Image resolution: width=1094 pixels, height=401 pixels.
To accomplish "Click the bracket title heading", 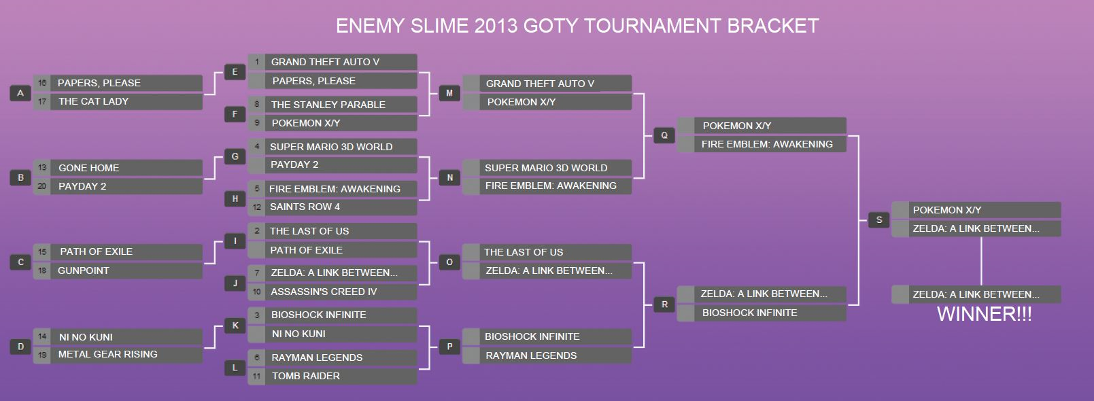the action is pos(577,26).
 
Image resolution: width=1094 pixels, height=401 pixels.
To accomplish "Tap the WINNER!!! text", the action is pos(984,313).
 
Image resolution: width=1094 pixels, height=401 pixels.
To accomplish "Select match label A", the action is pos(20,93).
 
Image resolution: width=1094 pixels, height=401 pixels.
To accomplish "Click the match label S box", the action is pos(879,220).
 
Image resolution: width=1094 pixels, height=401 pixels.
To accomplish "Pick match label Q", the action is pos(664,135).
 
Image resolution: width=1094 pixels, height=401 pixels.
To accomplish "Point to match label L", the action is pos(235,368).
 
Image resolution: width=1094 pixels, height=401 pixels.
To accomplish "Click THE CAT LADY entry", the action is pos(118,101).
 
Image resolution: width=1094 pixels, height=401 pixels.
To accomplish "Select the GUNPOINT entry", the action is pos(118,271).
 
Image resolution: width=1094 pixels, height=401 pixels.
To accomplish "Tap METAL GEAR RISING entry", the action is pos(118,355).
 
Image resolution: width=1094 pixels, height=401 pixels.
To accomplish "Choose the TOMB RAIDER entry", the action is pos(332,376).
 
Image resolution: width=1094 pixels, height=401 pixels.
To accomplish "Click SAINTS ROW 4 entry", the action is pos(332,207).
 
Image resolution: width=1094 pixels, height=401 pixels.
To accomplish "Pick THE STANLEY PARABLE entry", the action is pos(332,105).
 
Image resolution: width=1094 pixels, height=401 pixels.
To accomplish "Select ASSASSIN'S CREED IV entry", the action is pos(332,292).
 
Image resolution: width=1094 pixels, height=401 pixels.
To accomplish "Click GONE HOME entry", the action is pos(118,168).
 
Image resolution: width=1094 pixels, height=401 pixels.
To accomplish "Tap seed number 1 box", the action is pos(256,62).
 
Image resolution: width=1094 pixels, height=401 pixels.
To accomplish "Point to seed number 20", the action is pos(41,186).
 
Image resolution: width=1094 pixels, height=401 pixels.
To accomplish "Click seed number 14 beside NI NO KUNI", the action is pos(41,336).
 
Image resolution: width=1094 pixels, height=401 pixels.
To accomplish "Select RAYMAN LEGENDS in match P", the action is pos(547,355).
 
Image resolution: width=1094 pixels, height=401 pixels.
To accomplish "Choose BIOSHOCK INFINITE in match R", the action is pos(762,313).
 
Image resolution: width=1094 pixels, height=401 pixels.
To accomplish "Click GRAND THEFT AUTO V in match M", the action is pos(547,84).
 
